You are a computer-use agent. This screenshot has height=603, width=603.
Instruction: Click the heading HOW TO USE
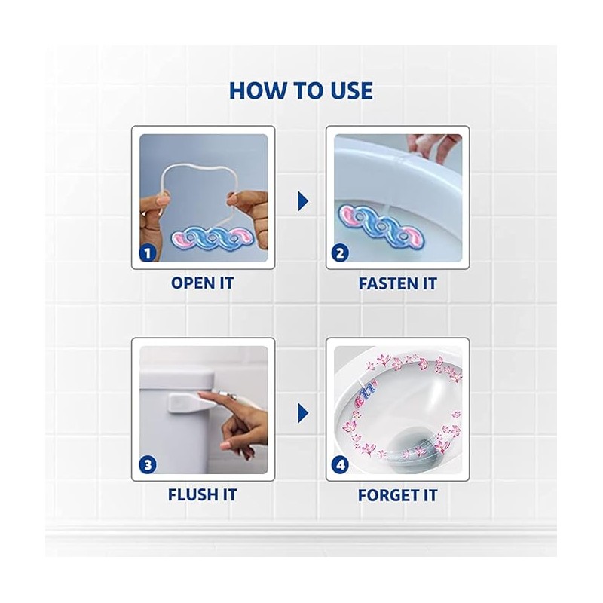pyautogui.click(x=301, y=90)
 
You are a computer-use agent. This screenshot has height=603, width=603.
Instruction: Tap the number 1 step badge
pyautogui.click(x=148, y=253)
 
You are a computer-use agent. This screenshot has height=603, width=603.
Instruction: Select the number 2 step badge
pyautogui.click(x=341, y=253)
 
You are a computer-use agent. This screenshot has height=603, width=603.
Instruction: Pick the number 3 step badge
pyautogui.click(x=148, y=465)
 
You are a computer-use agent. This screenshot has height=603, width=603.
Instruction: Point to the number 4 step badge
pyautogui.click(x=341, y=465)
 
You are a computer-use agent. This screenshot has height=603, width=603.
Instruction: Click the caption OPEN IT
pyautogui.click(x=202, y=283)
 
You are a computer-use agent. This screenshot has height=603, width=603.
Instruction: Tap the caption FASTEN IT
pyautogui.click(x=398, y=284)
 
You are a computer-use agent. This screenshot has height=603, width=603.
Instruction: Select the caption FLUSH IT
pyautogui.click(x=202, y=495)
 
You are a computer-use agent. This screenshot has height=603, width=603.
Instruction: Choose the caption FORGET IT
pyautogui.click(x=398, y=495)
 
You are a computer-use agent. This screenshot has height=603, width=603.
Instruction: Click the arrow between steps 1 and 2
pyautogui.click(x=303, y=201)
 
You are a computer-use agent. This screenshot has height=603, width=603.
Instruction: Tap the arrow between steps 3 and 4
pyautogui.click(x=303, y=413)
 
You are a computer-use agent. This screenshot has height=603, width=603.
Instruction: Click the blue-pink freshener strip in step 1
pyautogui.click(x=213, y=240)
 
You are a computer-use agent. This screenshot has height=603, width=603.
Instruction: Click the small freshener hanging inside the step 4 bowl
pyautogui.click(x=366, y=396)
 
